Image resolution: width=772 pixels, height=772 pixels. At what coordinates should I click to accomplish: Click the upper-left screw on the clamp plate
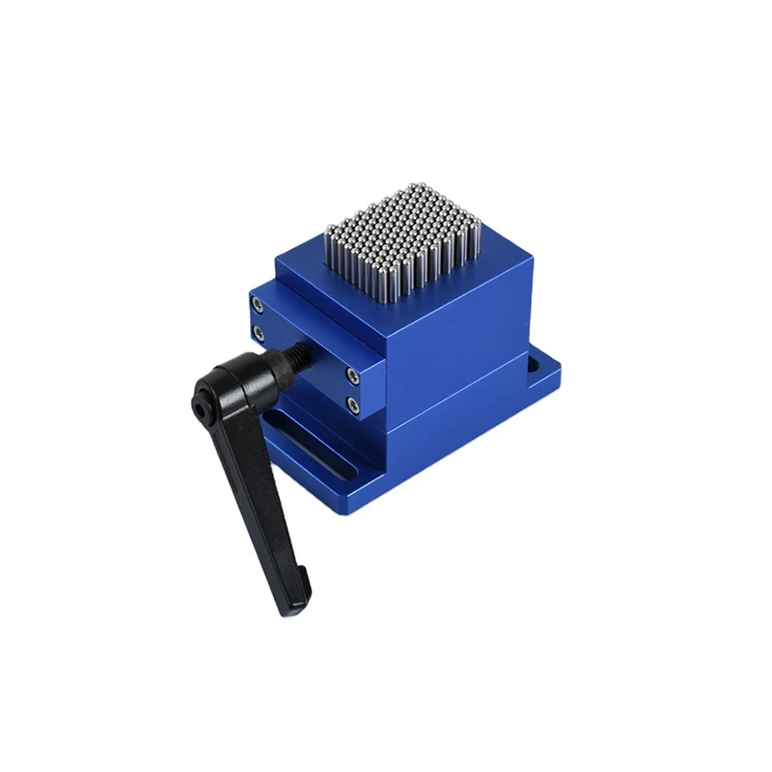click(x=258, y=305)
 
